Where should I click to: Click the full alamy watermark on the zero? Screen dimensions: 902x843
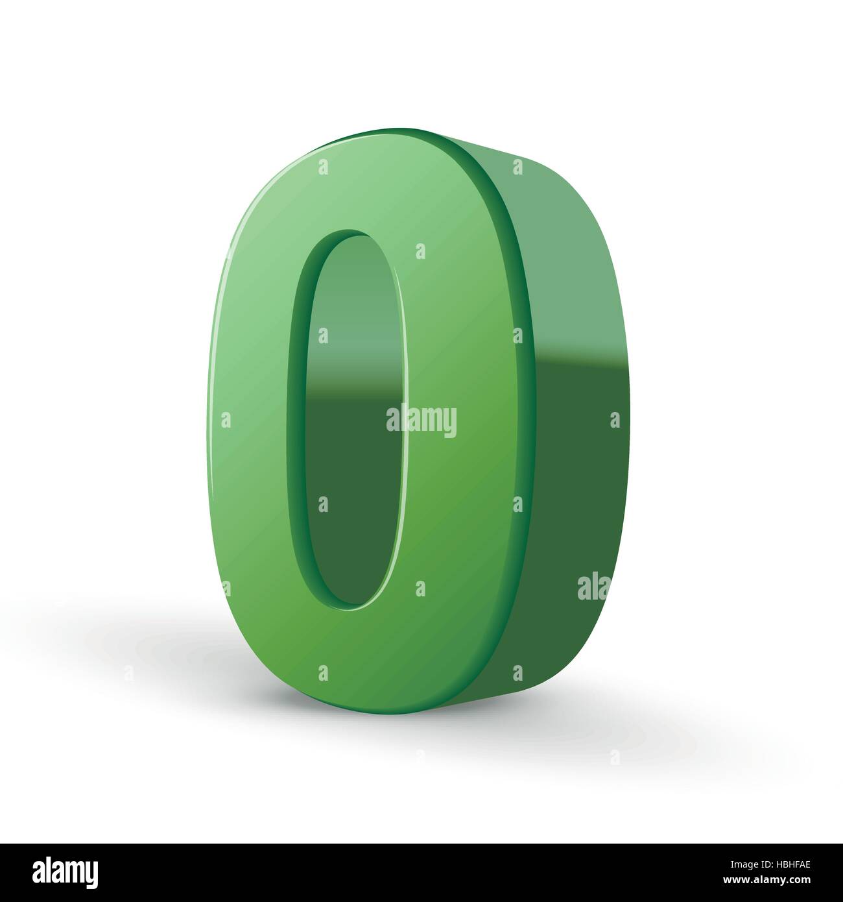421,421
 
